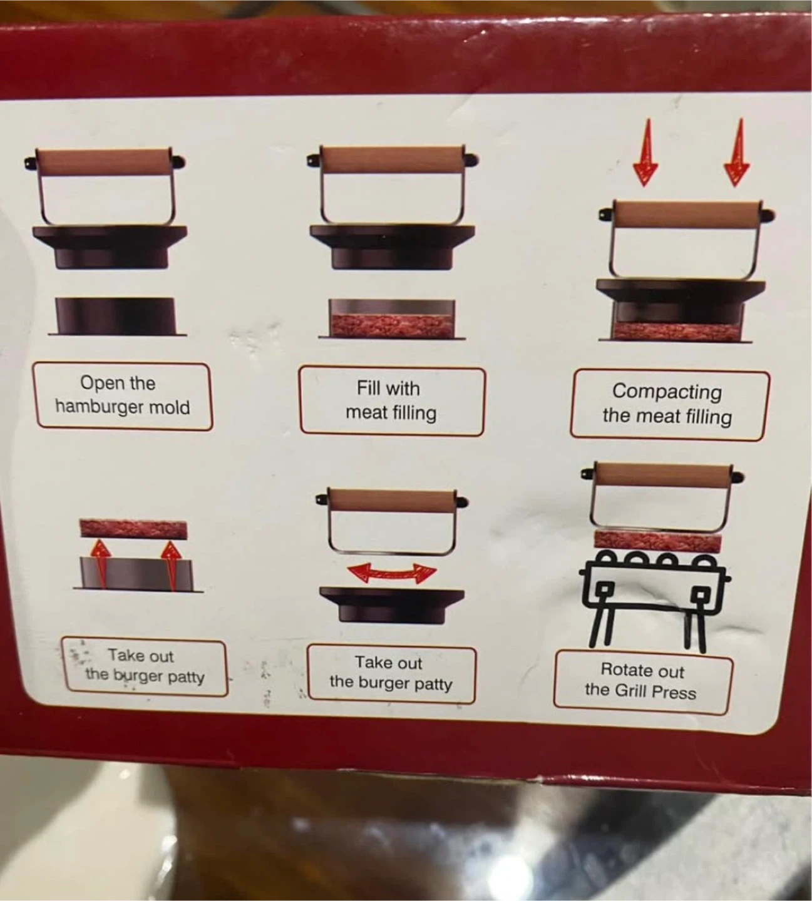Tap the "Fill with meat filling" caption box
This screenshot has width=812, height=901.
[x=392, y=400]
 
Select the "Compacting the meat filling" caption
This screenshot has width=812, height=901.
[x=667, y=404]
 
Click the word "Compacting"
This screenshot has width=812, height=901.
[x=667, y=392]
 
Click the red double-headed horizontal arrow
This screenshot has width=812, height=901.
[x=392, y=573]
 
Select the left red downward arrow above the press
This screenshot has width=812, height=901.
[x=645, y=152]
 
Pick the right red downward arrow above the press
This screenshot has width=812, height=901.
[x=737, y=152]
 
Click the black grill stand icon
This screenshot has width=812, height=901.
[x=655, y=602]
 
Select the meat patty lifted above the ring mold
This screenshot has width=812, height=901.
[x=133, y=529]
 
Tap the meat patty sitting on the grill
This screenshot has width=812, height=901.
[x=658, y=541]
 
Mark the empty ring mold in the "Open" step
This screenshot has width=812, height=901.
[x=115, y=315]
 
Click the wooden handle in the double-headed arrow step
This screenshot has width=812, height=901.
[x=391, y=499]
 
